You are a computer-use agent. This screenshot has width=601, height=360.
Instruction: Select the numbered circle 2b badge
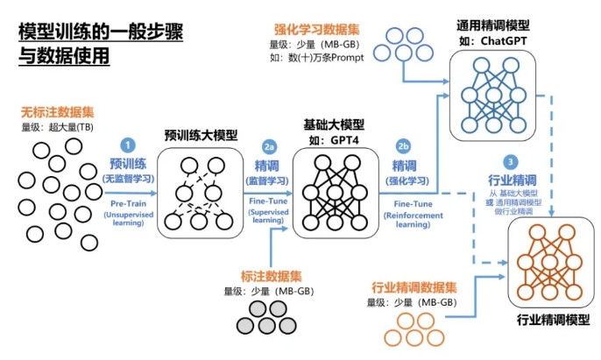pyautogui.click(x=403, y=145)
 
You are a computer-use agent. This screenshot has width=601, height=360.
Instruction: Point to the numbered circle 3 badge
pyautogui.click(x=512, y=161)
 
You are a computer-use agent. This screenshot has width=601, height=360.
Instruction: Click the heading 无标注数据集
pyautogui.click(x=57, y=113)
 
